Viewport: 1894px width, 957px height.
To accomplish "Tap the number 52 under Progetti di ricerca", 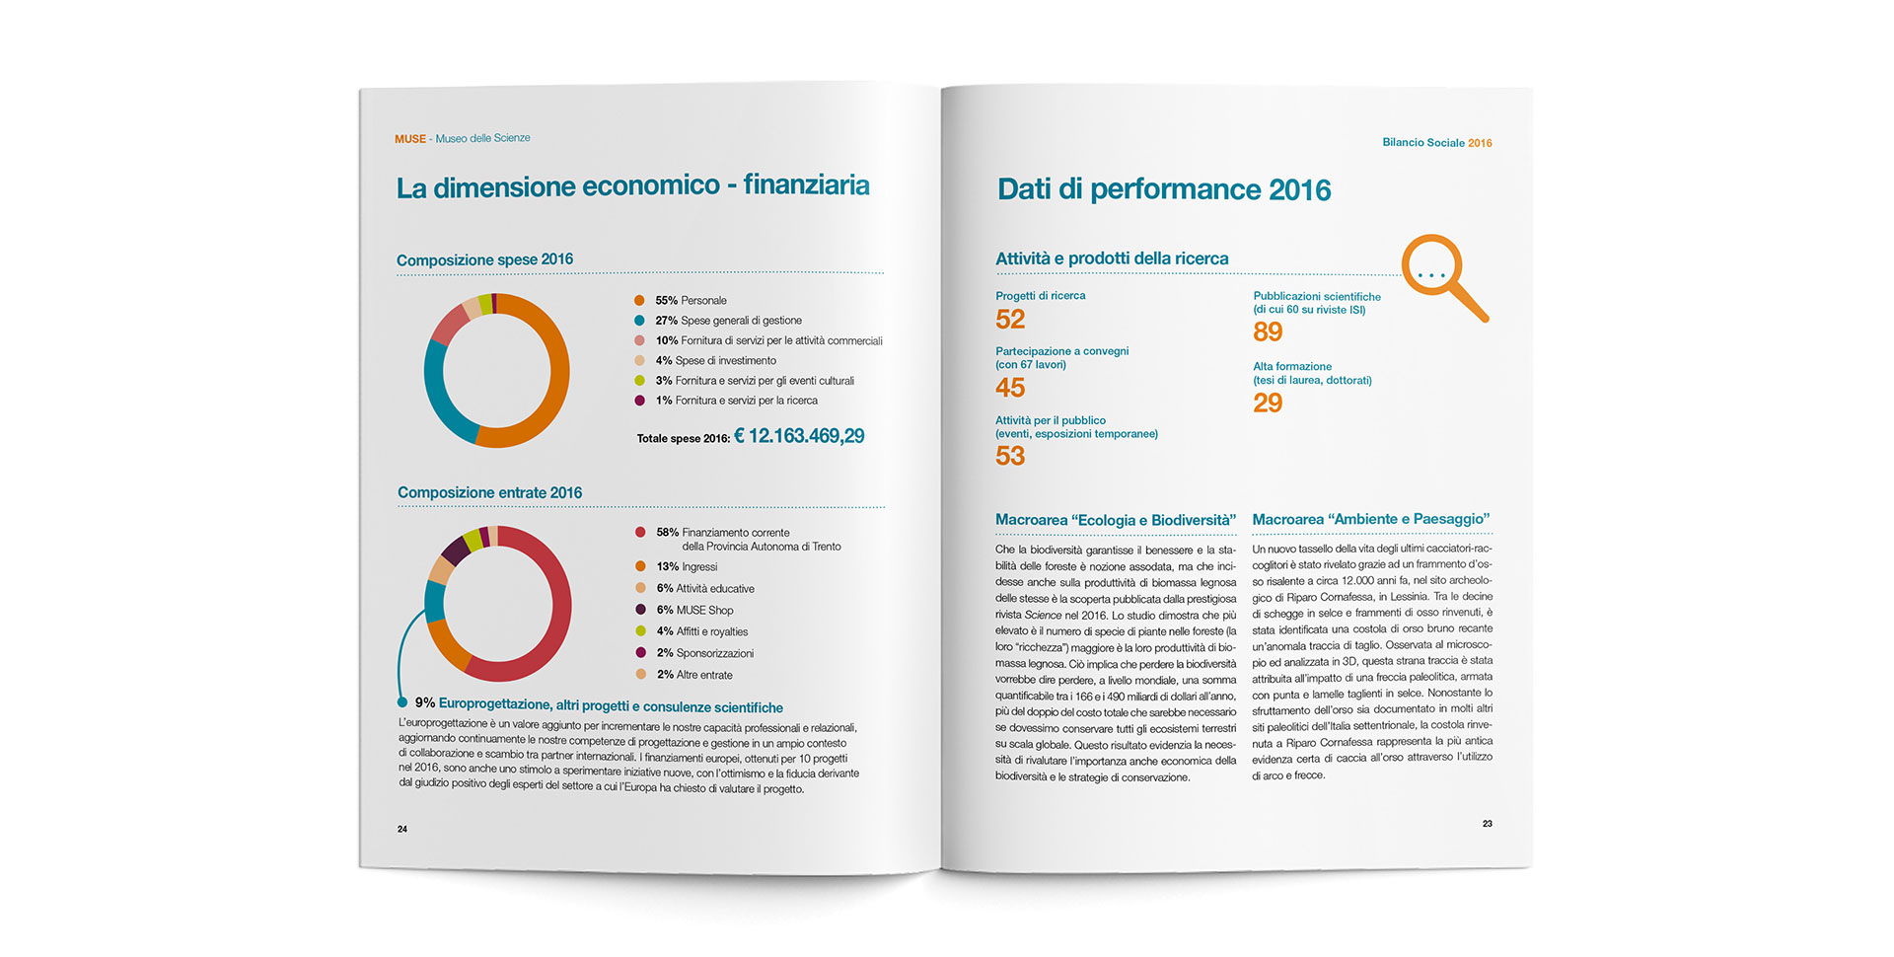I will coord(1010,320).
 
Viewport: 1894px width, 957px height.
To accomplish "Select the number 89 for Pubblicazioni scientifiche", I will coord(1268,332).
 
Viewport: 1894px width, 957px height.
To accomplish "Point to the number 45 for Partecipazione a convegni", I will coord(1010,388).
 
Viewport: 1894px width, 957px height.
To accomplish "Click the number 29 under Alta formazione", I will coord(1268,403).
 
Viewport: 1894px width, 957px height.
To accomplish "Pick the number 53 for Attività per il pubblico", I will coord(1010,456).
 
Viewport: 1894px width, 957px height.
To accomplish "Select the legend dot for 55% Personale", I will coord(639,300).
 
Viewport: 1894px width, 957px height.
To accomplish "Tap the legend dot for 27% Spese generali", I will coord(639,320).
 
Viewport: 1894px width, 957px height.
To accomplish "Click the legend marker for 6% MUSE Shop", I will coord(640,610).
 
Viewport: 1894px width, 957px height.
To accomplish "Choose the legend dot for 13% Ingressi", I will coord(640,566).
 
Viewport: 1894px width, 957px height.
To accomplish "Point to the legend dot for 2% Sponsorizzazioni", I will coord(640,653).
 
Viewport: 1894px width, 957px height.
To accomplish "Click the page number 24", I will coord(402,829).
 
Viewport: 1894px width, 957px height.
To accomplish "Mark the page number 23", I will coord(1488,823).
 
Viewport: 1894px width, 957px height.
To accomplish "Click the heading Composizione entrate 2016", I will coord(489,492).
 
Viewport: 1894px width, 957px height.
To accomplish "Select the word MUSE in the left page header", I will coord(409,139).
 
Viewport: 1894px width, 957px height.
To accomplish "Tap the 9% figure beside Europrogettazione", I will coord(425,702).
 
